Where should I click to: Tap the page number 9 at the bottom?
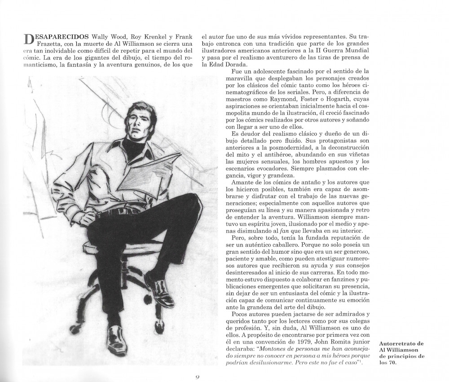197,377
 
